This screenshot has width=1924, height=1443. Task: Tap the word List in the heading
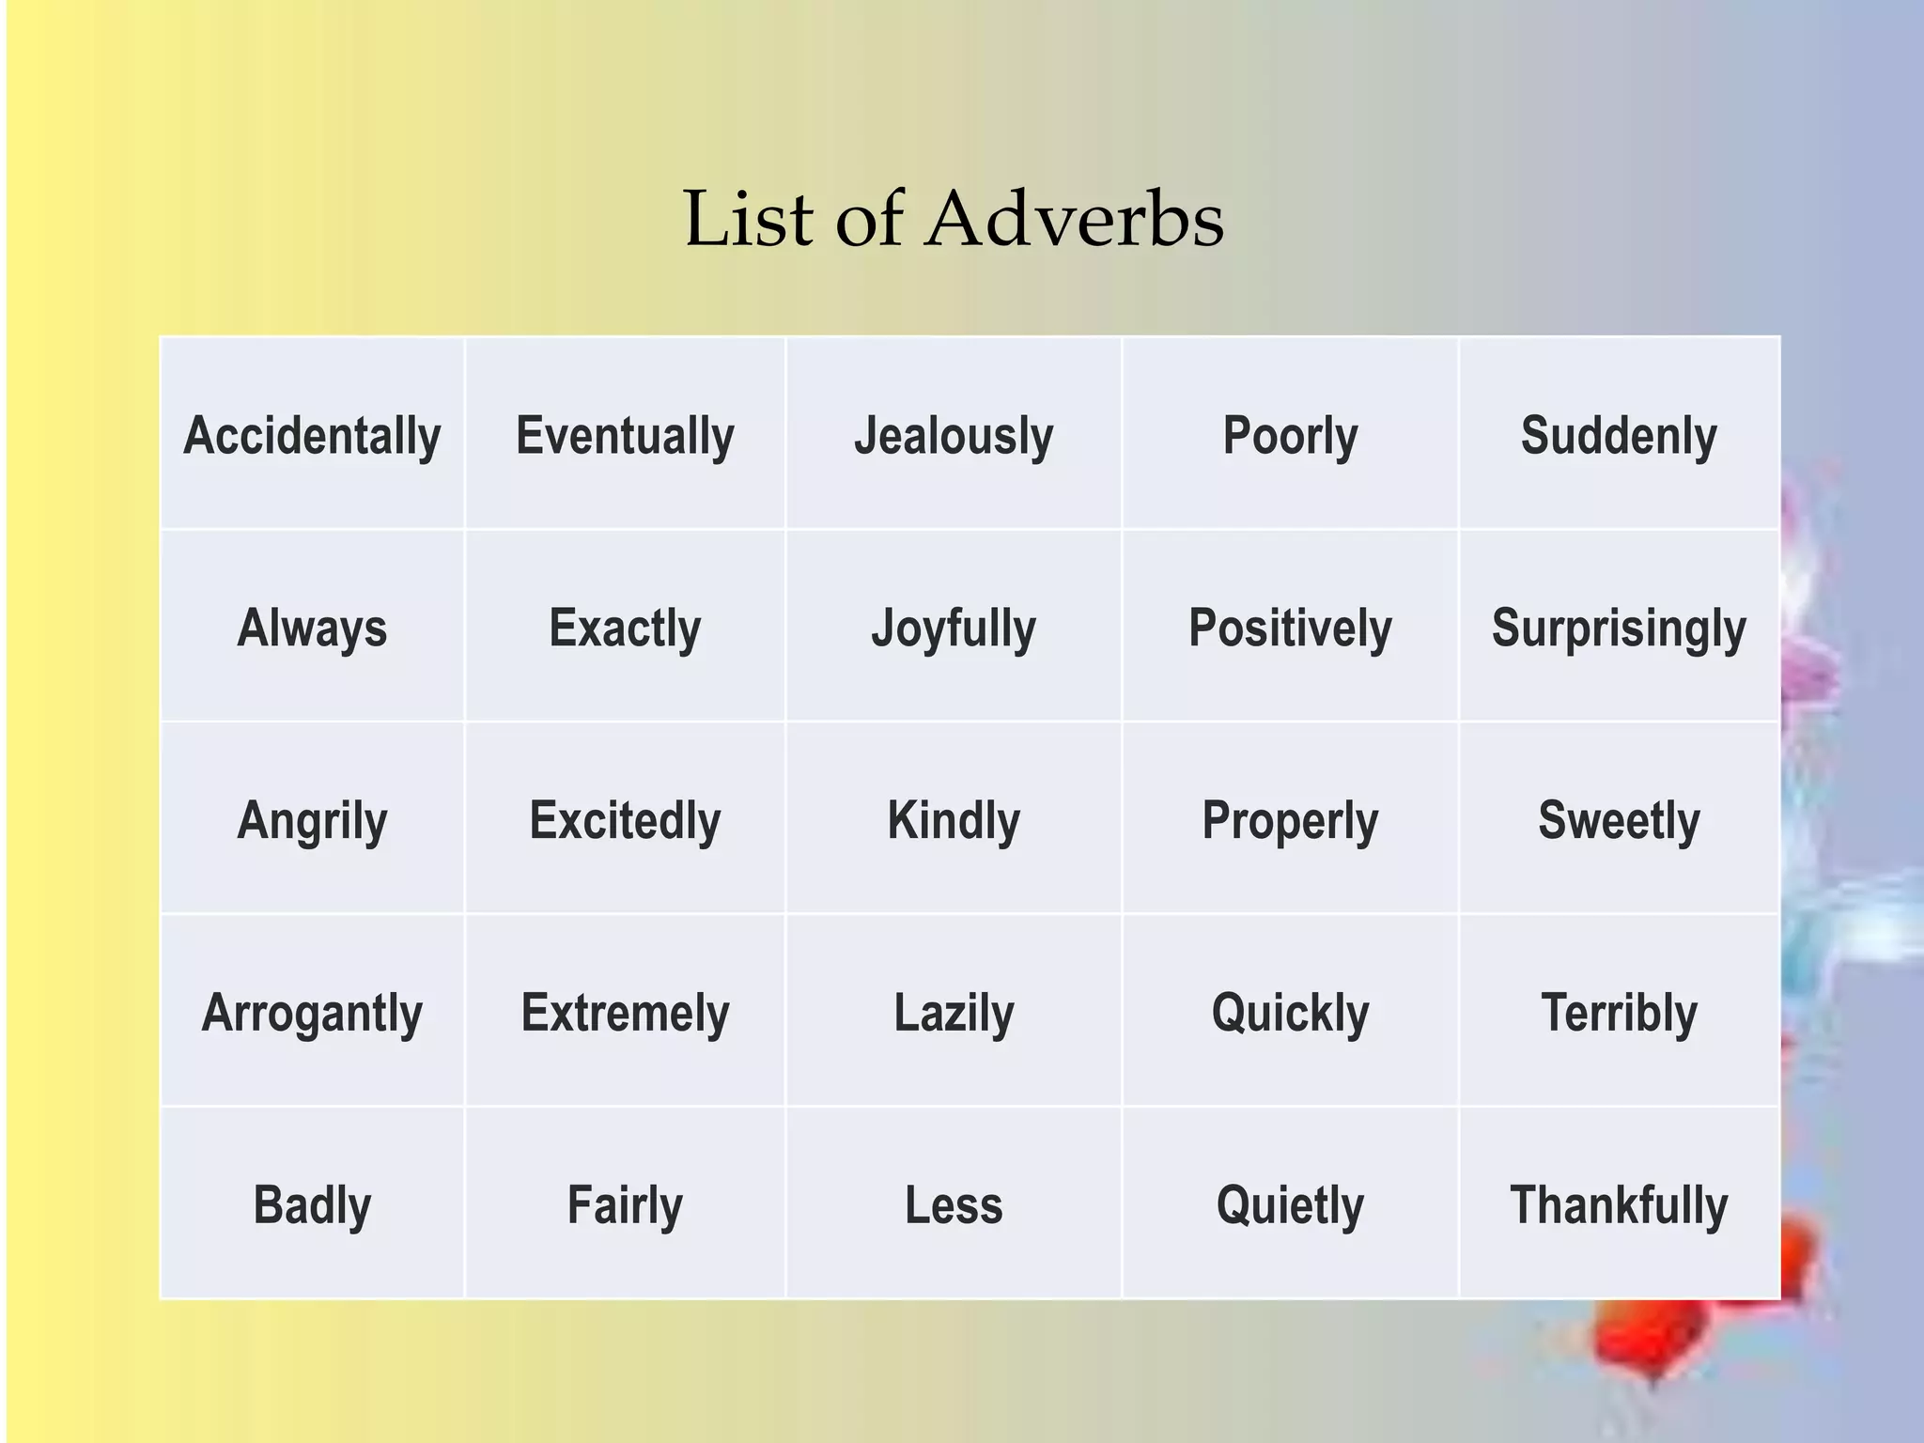point(749,220)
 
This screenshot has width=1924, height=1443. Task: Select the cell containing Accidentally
point(312,436)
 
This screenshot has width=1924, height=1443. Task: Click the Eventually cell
point(625,436)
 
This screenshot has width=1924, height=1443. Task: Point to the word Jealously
point(954,436)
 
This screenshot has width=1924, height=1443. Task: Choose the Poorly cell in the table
point(1290,436)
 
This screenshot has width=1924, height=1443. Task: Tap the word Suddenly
point(1619,436)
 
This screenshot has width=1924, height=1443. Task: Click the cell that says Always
point(312,628)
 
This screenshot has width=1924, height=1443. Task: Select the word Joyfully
point(954,628)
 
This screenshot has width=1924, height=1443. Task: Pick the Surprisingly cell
point(1619,628)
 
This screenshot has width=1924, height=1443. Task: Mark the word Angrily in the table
point(312,820)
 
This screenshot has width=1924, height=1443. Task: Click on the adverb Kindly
point(954,820)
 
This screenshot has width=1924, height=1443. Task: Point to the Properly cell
point(1290,820)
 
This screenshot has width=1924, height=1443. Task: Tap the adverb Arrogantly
point(312,1013)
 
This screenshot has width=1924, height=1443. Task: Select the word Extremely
point(625,1013)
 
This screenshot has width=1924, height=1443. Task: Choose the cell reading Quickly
point(1290,1013)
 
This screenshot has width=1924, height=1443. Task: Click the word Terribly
point(1619,1013)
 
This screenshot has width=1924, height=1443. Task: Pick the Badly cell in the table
point(312,1204)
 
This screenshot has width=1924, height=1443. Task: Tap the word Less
point(954,1204)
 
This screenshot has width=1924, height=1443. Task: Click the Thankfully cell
point(1619,1204)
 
